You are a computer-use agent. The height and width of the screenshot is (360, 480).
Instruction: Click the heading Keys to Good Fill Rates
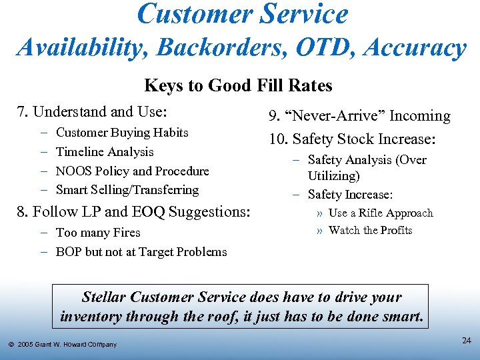(238, 86)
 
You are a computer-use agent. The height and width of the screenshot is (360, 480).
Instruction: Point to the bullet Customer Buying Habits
(122, 133)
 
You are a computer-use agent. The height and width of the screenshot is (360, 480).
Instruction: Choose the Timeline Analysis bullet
(105, 152)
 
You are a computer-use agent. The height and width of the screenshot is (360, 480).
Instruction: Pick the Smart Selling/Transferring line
(127, 190)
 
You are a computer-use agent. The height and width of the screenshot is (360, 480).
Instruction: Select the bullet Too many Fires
(98, 233)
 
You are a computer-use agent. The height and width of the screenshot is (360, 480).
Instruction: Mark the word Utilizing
(333, 176)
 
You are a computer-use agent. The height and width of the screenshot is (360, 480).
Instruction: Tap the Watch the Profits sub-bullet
(370, 231)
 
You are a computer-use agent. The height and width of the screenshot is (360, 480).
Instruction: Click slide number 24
(467, 341)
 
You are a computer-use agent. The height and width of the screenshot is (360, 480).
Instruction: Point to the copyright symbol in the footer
(11, 345)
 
